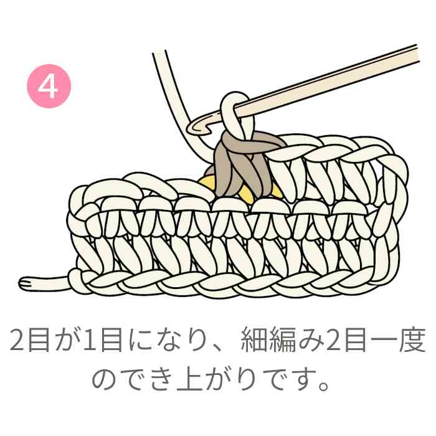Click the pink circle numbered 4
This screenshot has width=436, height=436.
pyautogui.click(x=49, y=86)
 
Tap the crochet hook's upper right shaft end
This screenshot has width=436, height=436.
pyautogui.click(x=416, y=54)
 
